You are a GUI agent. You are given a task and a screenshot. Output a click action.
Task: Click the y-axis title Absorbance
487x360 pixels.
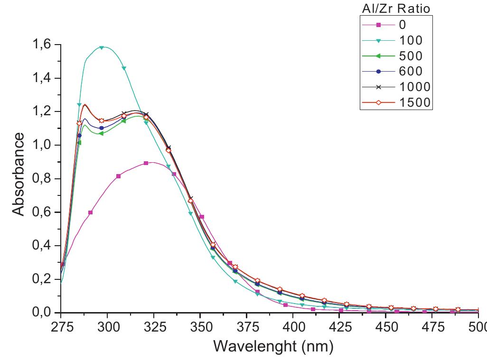click(18, 174)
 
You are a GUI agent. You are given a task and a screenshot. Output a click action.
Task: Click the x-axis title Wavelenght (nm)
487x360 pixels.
click(273, 346)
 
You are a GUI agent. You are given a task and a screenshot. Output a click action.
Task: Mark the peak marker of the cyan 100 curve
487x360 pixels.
click(102, 47)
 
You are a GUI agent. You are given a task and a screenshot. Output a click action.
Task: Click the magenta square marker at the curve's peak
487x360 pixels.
click(146, 163)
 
